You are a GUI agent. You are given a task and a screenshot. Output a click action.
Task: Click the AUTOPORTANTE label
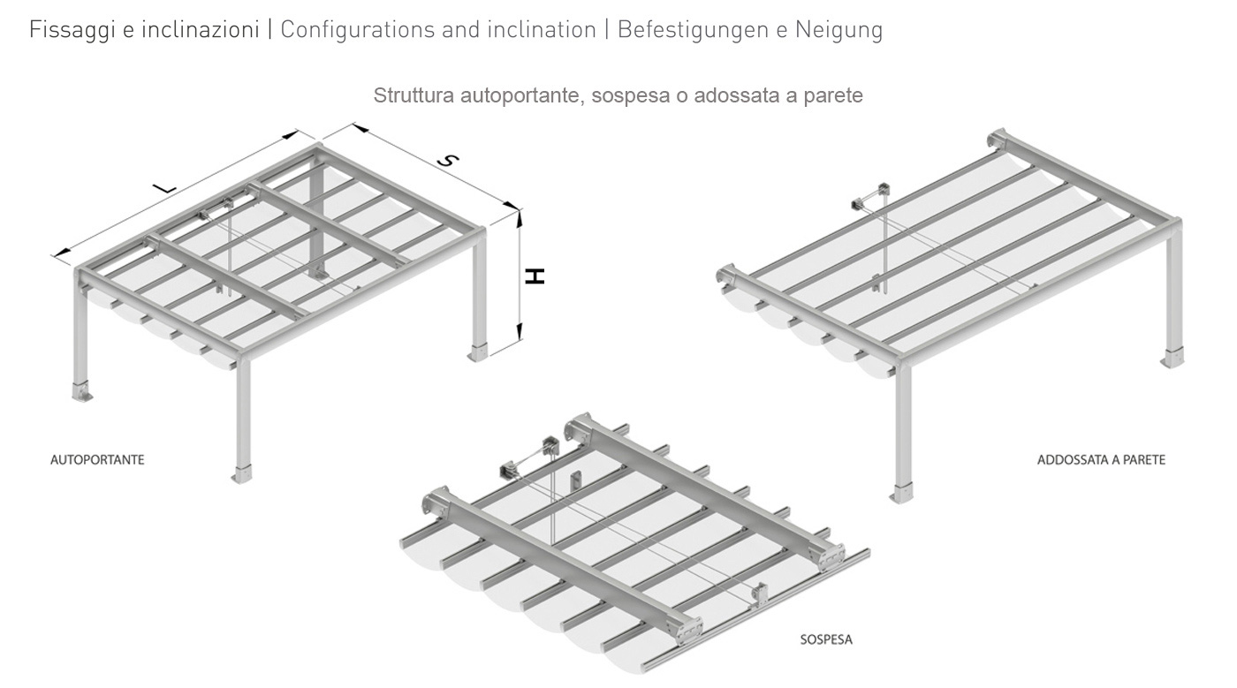point(97,460)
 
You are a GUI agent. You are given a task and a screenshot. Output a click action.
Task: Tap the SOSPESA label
point(826,639)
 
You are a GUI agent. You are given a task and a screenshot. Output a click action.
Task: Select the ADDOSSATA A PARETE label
point(1101,460)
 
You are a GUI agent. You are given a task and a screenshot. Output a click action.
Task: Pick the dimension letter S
point(450,161)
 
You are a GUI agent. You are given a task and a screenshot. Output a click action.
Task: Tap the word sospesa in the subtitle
point(626,95)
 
